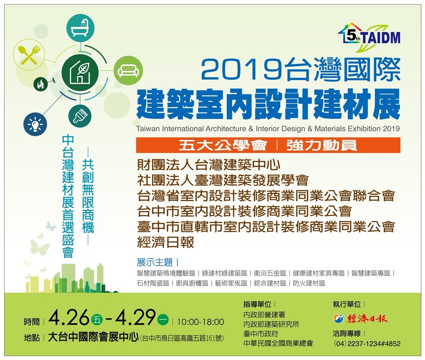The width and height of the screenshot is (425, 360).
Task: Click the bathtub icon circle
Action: [x=80, y=28]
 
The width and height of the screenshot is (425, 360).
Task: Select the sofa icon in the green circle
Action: [x=128, y=70]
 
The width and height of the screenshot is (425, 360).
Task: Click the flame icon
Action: [x=41, y=84]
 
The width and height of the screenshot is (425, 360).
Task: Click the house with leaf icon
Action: [x=80, y=72]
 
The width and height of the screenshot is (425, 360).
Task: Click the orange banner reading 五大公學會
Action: [x=268, y=145]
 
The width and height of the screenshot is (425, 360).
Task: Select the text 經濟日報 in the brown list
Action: [x=166, y=242]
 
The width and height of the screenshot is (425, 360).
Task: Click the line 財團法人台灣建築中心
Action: [x=209, y=165]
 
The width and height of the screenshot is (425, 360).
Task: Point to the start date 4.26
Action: [x=69, y=317]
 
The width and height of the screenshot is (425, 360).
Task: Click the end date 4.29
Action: [x=135, y=317]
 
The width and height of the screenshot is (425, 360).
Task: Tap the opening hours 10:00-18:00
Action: [x=201, y=322]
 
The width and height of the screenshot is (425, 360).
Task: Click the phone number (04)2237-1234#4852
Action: [x=367, y=344]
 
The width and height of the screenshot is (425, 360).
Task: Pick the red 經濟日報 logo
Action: [x=361, y=319]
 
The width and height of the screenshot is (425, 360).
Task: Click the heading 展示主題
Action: [x=155, y=262]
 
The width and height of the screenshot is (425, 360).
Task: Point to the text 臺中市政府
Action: [x=260, y=334]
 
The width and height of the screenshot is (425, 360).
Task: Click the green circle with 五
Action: [x=97, y=320]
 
